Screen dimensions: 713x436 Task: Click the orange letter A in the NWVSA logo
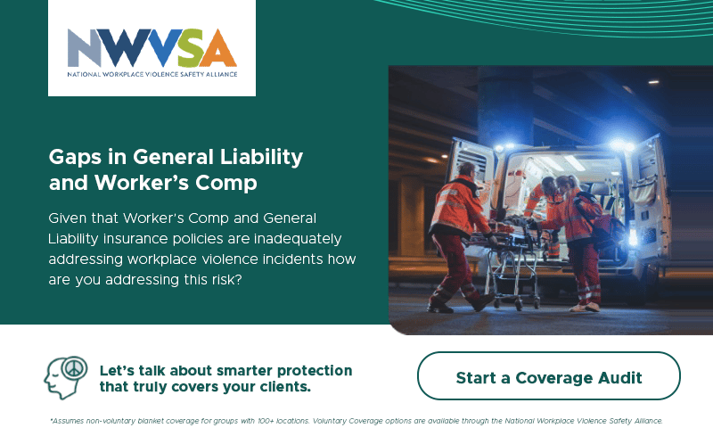[x=217, y=48]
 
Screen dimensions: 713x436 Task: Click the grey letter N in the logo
[x=84, y=48]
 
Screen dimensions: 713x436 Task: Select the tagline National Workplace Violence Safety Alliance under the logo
[x=152, y=74]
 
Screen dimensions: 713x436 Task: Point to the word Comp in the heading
[x=226, y=184]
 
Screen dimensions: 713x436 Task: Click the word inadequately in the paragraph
[x=298, y=239]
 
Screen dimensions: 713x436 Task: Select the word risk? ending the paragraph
[x=226, y=279]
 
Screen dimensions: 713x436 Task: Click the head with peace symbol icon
[x=65, y=378]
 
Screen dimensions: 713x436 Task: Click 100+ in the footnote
[x=266, y=421]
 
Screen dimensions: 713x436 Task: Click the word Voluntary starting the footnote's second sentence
[x=330, y=421]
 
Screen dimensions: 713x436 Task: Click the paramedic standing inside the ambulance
[x=544, y=214]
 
